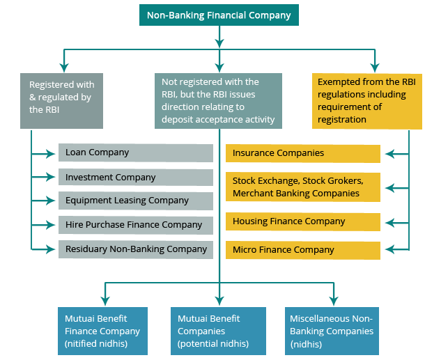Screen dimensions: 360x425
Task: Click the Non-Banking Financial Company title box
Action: (219, 15)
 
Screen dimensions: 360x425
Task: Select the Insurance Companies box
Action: (303, 153)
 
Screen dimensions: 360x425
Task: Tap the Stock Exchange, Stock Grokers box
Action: (303, 187)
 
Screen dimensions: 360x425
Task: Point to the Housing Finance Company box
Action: (303, 221)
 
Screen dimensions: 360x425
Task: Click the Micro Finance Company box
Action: (303, 250)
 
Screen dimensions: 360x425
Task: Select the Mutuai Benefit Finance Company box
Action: (102, 331)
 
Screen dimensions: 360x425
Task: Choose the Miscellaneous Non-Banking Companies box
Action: (332, 331)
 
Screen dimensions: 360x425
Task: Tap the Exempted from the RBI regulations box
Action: (366, 101)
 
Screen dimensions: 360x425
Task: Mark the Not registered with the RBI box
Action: (219, 101)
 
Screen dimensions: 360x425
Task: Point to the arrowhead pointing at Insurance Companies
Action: (387, 153)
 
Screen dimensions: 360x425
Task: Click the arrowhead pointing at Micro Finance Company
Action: (387, 249)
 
